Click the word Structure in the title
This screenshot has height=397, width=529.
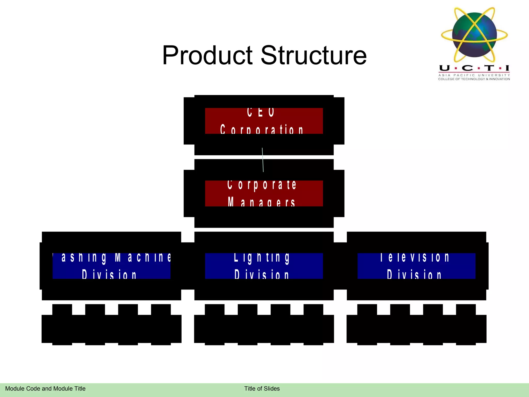[x=314, y=55]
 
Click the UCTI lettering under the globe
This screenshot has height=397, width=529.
[x=474, y=68]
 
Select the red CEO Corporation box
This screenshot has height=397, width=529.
[x=264, y=121]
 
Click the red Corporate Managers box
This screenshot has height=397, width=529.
[x=264, y=193]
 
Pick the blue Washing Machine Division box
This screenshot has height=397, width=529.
[x=111, y=266]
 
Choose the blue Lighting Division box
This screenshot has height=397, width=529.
[x=264, y=266]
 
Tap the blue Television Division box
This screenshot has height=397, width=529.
[x=416, y=266]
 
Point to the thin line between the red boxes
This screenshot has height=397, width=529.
[x=263, y=160]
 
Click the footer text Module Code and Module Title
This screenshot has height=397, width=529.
[x=45, y=388]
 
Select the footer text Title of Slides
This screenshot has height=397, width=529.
[x=262, y=388]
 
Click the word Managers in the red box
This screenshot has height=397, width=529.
[x=261, y=202]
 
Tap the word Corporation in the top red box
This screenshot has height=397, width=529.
[x=261, y=129]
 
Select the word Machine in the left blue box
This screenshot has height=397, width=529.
[x=143, y=257]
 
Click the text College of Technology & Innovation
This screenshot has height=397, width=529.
[x=474, y=79]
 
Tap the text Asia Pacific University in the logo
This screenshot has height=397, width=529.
[x=474, y=75]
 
